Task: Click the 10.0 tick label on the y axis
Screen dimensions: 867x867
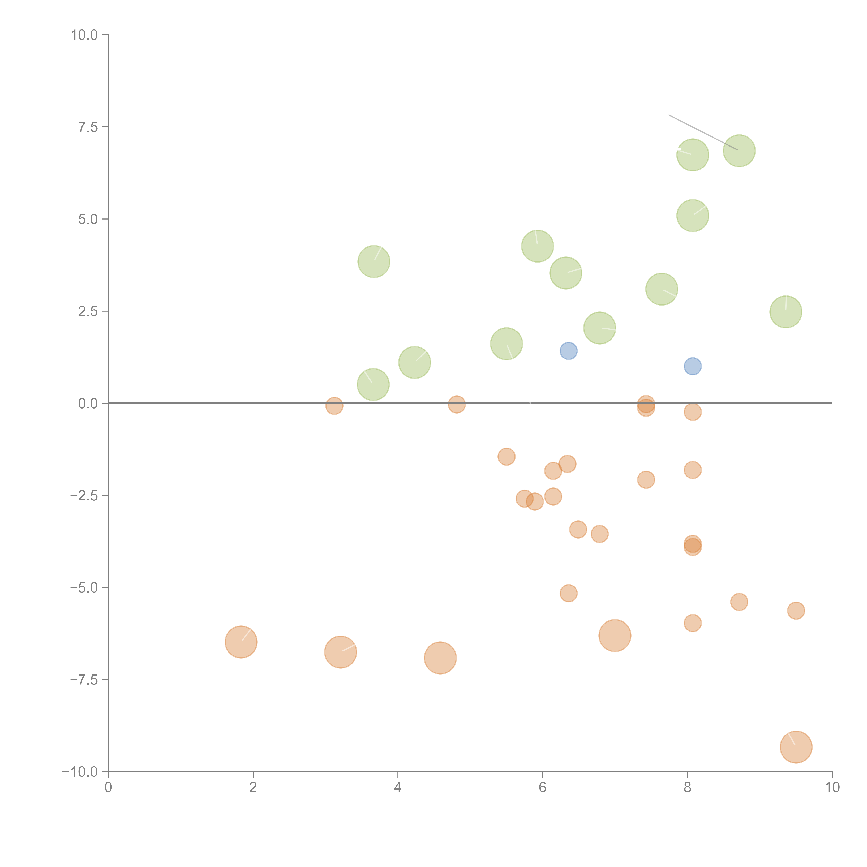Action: click(x=84, y=35)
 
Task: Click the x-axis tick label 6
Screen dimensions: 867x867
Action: click(x=543, y=788)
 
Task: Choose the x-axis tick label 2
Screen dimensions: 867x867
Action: click(x=253, y=788)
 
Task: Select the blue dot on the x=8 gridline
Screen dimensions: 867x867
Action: click(x=692, y=366)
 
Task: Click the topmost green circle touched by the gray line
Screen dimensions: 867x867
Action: click(x=739, y=151)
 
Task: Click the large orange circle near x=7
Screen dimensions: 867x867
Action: click(x=615, y=636)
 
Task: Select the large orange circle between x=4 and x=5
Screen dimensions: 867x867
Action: click(x=440, y=658)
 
